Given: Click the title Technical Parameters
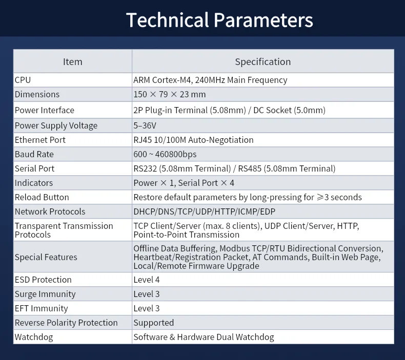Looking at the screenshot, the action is [219, 20].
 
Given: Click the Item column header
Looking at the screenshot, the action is [73, 61].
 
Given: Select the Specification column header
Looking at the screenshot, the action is [263, 62].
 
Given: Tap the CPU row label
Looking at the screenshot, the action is [23, 80].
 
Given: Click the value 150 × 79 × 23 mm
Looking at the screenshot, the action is [170, 94].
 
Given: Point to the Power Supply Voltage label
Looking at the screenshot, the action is [56, 125].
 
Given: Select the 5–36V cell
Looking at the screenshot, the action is [145, 125].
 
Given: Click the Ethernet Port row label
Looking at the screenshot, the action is [40, 140].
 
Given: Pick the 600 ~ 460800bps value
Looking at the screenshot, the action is [165, 154].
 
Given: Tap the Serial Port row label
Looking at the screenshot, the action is [34, 168].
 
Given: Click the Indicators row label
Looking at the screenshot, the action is [33, 183].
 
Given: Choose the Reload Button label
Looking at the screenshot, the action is [42, 197].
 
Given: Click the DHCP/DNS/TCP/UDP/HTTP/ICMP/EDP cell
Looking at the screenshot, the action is [205, 211].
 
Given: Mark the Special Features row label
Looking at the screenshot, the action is [46, 257].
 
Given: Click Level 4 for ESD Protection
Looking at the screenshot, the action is [147, 280].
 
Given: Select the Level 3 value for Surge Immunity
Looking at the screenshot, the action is [147, 294].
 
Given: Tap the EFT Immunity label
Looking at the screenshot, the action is [42, 308].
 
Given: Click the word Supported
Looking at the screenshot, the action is [154, 323].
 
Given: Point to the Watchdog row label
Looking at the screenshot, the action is [34, 337].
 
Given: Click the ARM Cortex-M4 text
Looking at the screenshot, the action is [162, 80].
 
